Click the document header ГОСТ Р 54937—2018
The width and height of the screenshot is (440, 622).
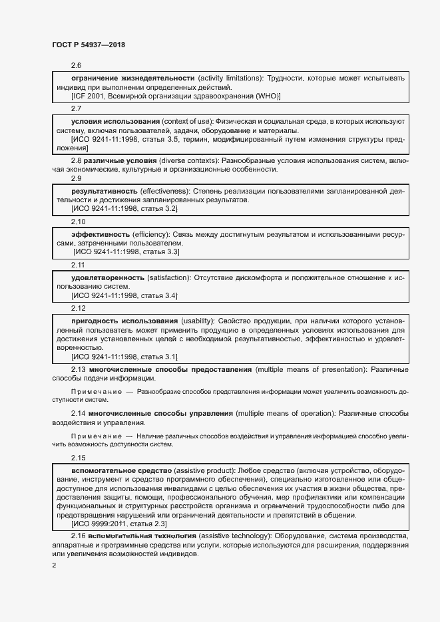pyautogui.click(x=89, y=45)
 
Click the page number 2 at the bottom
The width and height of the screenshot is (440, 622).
pyautogui.click(x=54, y=565)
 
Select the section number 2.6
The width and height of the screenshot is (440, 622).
pyautogui.click(x=76, y=65)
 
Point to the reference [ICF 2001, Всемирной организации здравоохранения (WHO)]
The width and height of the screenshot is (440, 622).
pyautogui.click(x=176, y=96)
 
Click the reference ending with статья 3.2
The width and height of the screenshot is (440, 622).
pyautogui.click(x=124, y=209)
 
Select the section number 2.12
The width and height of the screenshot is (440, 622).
pyautogui.click(x=79, y=308)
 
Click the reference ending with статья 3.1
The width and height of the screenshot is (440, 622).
pyautogui.click(x=124, y=357)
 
